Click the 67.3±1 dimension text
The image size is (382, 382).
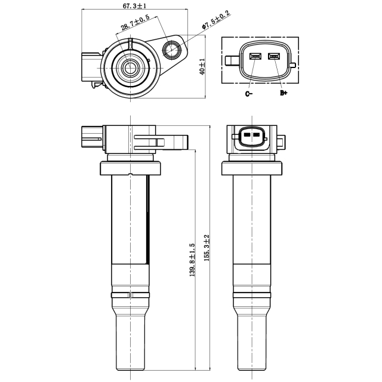coord(134,5)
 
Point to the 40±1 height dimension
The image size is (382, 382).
coord(202,66)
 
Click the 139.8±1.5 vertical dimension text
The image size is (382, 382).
coord(192,260)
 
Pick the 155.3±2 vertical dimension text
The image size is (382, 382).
coord(207,250)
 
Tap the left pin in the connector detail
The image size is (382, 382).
coord(255,57)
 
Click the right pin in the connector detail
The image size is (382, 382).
coord(275,57)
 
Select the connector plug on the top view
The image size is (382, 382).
coord(90,67)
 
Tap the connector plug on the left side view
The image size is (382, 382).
coord(91,137)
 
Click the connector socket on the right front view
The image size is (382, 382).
coord(251,137)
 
